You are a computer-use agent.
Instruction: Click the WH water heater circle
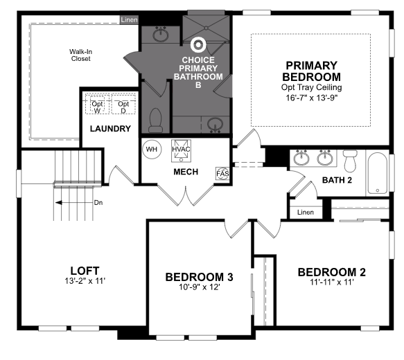152,150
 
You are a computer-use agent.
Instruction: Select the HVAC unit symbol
181,151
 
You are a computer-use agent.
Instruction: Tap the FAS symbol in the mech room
222,174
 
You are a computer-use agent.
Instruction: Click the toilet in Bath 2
350,161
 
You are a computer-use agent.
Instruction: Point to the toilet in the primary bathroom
156,120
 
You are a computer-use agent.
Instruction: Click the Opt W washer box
98,105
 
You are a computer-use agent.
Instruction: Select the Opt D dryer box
123,105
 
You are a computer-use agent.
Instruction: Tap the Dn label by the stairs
98,203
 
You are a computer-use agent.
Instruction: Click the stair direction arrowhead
59,203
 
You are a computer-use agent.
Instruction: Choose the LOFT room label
85,271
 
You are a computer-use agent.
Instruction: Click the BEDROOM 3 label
199,277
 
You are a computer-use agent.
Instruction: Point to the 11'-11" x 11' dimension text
332,282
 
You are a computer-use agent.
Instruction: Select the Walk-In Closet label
81,55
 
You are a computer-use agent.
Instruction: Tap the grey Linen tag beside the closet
129,19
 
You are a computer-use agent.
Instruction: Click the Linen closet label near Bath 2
306,213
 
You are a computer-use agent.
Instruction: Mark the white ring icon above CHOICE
198,45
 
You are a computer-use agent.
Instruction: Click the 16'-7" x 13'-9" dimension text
312,98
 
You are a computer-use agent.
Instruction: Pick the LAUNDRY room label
111,129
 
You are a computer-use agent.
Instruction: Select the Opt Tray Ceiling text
312,87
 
